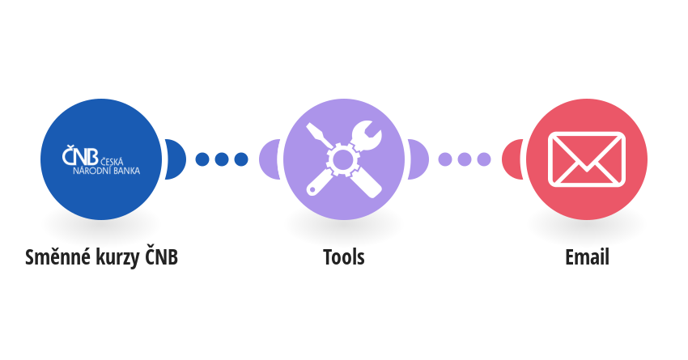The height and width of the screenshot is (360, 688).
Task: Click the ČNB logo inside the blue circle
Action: tap(101, 160)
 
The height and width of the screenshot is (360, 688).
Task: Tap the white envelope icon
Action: tap(587, 159)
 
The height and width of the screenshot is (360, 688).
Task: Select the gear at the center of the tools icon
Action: tap(342, 159)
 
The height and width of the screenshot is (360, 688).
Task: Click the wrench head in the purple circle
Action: tap(367, 135)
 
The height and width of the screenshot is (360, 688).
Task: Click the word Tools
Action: tap(343, 257)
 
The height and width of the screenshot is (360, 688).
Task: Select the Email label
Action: tap(587, 257)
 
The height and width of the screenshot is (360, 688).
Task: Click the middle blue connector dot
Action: tap(222, 159)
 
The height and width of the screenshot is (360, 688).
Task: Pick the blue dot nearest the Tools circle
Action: tap(241, 159)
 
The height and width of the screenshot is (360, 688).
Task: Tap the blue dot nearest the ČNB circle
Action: tap(202, 159)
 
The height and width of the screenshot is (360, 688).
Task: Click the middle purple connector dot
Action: tap(465, 159)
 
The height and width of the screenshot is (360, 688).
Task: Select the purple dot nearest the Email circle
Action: tap(483, 159)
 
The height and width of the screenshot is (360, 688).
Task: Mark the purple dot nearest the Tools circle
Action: tap(445, 159)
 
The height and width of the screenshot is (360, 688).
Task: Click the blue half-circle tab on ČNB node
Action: tap(176, 159)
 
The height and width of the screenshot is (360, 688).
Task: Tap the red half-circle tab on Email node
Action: tap(512, 159)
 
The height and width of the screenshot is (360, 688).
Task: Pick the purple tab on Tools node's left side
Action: tap(270, 159)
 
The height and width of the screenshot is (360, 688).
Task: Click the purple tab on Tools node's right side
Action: tap(418, 159)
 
